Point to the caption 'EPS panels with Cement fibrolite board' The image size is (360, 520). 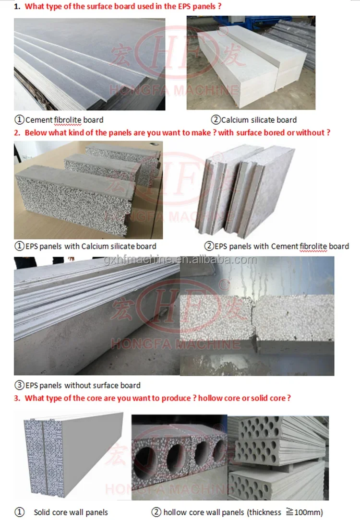click(281, 246)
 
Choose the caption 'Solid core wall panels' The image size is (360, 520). click(71, 512)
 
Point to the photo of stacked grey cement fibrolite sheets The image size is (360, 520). click(89, 64)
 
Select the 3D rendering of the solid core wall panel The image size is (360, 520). click(72, 456)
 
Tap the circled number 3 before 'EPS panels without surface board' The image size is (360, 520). click(19, 385)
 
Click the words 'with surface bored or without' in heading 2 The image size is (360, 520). click(274, 132)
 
